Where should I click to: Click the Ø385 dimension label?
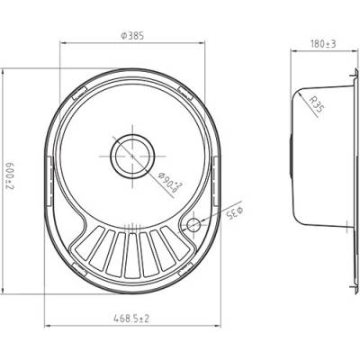point(132,36)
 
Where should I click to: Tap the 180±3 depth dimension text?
point(323,44)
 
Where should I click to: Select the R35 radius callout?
point(317,103)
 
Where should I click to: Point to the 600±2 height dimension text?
point(10,177)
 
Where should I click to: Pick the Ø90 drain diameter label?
point(170,182)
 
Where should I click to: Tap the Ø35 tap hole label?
point(235,212)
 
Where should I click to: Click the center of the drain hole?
point(132,156)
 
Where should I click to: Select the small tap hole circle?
point(193,224)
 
